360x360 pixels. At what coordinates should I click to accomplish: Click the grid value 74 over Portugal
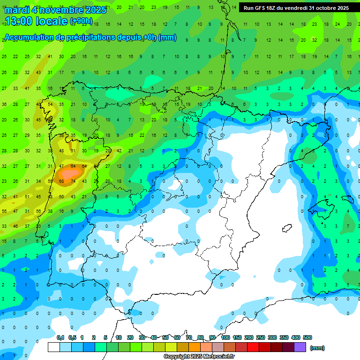pos(73,181)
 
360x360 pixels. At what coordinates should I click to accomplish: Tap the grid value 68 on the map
pos(61,181)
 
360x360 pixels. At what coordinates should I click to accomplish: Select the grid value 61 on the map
pos(73,151)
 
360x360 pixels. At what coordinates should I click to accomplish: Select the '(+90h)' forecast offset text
pos(81,21)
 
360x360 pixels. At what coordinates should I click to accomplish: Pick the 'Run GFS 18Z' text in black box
pos(263,8)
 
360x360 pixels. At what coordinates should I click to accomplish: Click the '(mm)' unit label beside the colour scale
pos(317,348)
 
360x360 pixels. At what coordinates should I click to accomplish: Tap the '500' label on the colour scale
pos(307,338)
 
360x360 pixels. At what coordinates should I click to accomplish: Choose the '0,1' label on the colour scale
pos(60,338)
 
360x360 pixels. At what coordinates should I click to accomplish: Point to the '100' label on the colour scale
pos(225,338)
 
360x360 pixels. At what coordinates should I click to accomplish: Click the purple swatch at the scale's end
pos(300,347)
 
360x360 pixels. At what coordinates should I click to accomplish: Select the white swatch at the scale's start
pos(54,347)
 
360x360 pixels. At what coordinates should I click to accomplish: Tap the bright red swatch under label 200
pos(253,347)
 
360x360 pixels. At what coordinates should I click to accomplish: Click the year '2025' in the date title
pos(93,10)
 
